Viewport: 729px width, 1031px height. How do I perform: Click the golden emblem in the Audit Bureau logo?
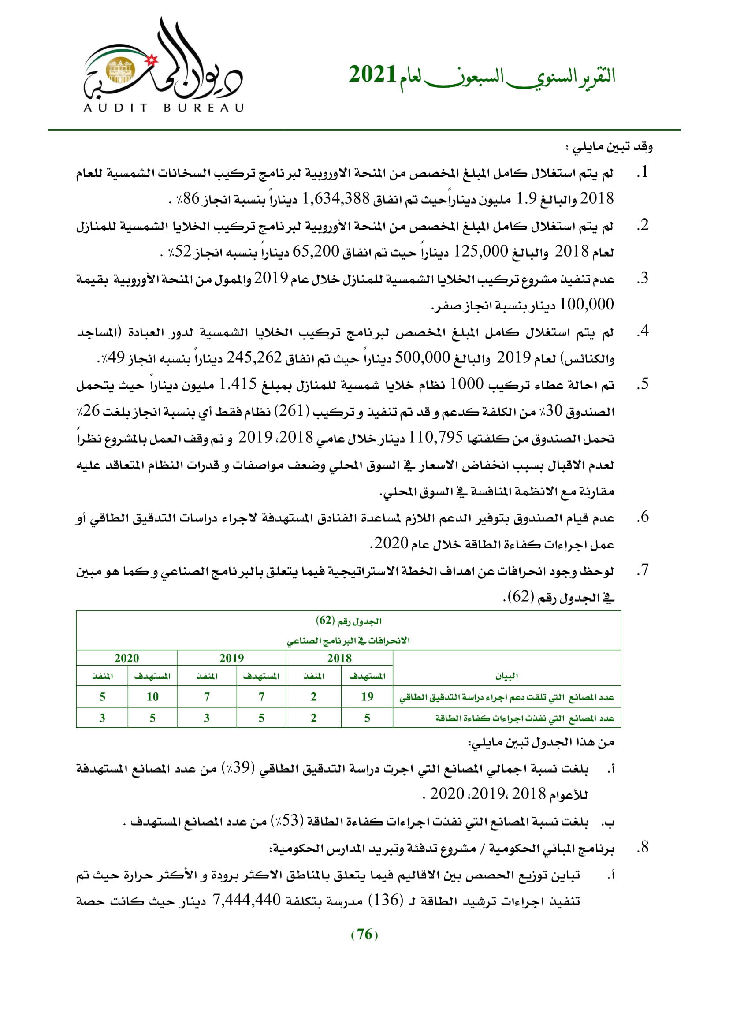(120, 71)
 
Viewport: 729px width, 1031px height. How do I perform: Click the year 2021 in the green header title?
(372, 74)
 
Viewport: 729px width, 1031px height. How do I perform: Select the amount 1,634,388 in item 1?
(336, 198)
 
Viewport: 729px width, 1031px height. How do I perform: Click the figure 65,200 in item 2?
(316, 251)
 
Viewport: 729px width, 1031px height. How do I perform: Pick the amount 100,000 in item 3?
(586, 305)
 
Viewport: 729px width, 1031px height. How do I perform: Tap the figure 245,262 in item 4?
(253, 357)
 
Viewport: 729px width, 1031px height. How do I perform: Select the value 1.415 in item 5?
(238, 384)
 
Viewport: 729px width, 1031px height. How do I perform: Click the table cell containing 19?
(367, 696)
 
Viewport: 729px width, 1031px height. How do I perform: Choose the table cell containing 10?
(152, 696)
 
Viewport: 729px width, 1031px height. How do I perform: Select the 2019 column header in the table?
(231, 658)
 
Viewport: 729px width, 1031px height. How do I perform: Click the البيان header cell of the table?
(506, 676)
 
